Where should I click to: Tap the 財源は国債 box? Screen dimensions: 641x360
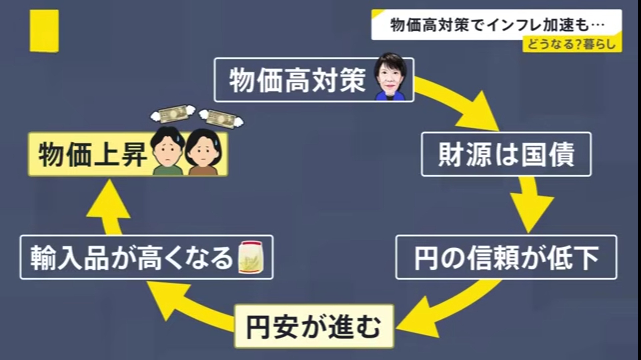[506, 154]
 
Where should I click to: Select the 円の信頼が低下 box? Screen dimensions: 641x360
[506, 257]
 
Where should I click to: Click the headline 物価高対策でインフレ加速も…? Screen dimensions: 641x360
[496, 25]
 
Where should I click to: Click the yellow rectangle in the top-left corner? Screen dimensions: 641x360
[44, 31]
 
